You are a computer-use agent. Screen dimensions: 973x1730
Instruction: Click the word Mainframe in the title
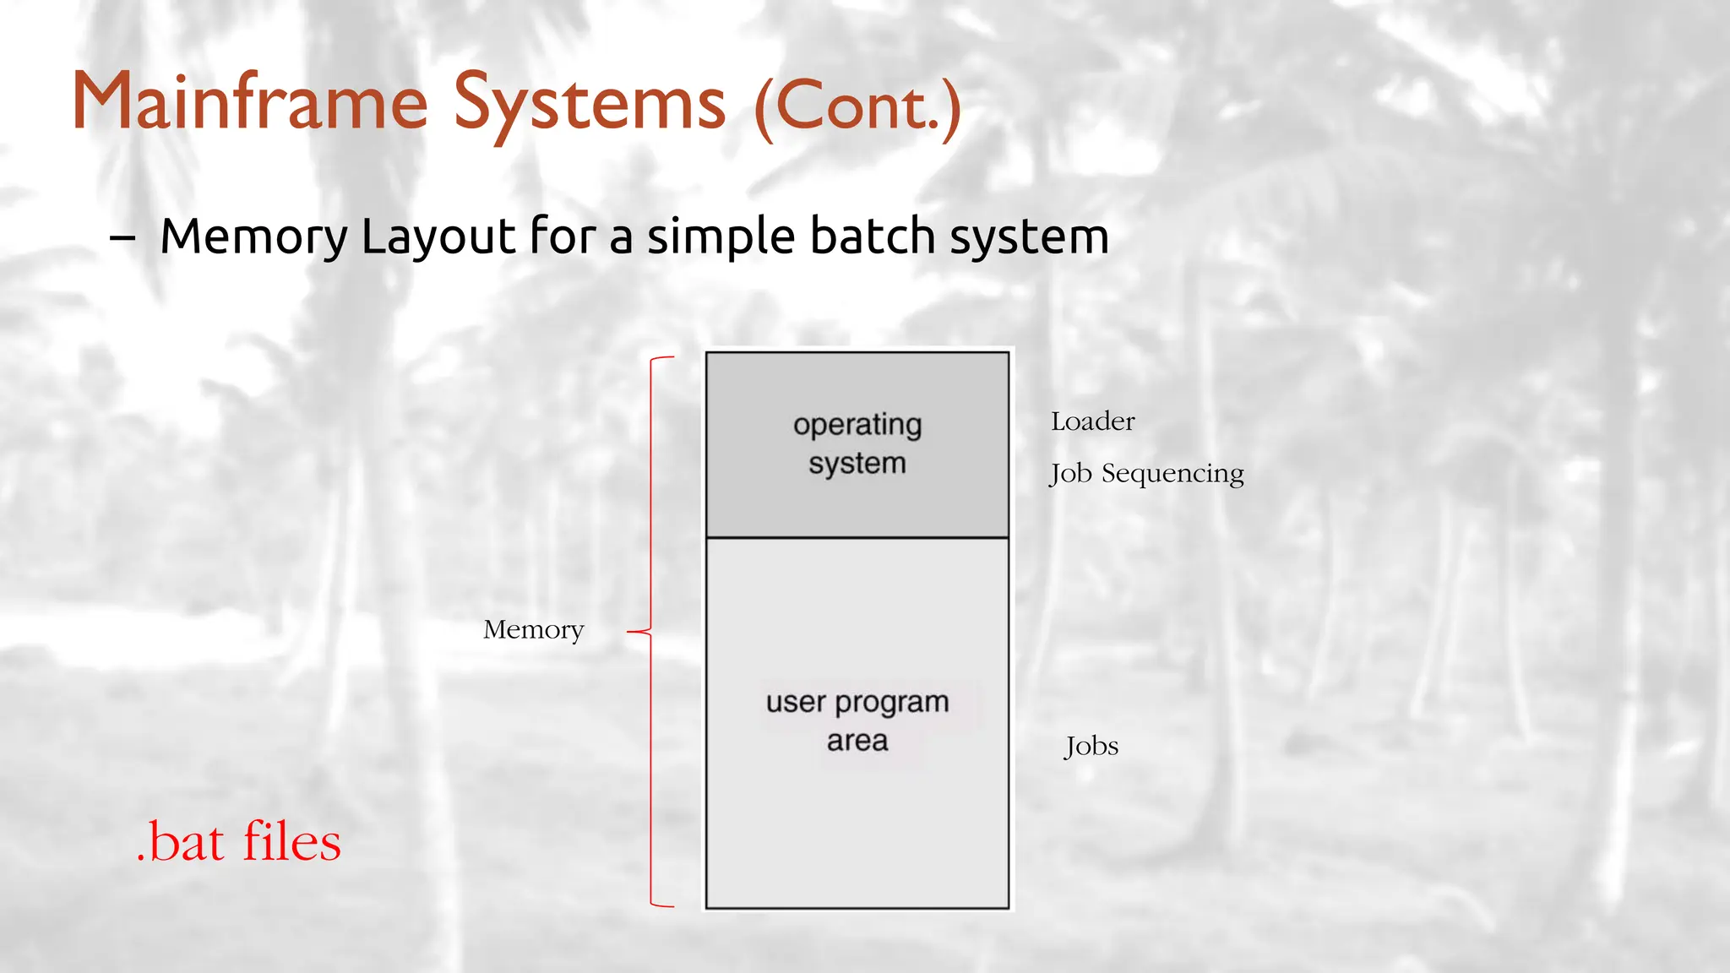click(250, 103)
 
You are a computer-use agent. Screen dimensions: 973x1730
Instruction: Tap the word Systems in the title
click(589, 105)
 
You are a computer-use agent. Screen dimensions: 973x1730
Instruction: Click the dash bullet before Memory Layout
click(122, 239)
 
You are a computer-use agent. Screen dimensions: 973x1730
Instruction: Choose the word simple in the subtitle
click(721, 238)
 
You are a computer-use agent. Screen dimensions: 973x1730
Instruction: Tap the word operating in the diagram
click(857, 425)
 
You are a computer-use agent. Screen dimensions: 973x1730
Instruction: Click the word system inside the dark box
click(857, 464)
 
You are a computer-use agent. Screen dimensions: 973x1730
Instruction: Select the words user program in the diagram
click(857, 702)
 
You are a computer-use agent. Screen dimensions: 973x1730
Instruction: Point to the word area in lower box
click(857, 741)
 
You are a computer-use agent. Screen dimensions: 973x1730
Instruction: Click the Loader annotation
click(1092, 421)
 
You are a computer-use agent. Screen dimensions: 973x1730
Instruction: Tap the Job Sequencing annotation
click(1146, 474)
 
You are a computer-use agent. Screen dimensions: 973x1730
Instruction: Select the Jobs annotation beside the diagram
click(1091, 747)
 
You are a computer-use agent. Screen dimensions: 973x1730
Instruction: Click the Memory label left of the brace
click(533, 630)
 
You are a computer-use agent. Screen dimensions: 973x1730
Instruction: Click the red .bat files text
click(238, 842)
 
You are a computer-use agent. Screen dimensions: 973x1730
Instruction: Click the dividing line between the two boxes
click(857, 537)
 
